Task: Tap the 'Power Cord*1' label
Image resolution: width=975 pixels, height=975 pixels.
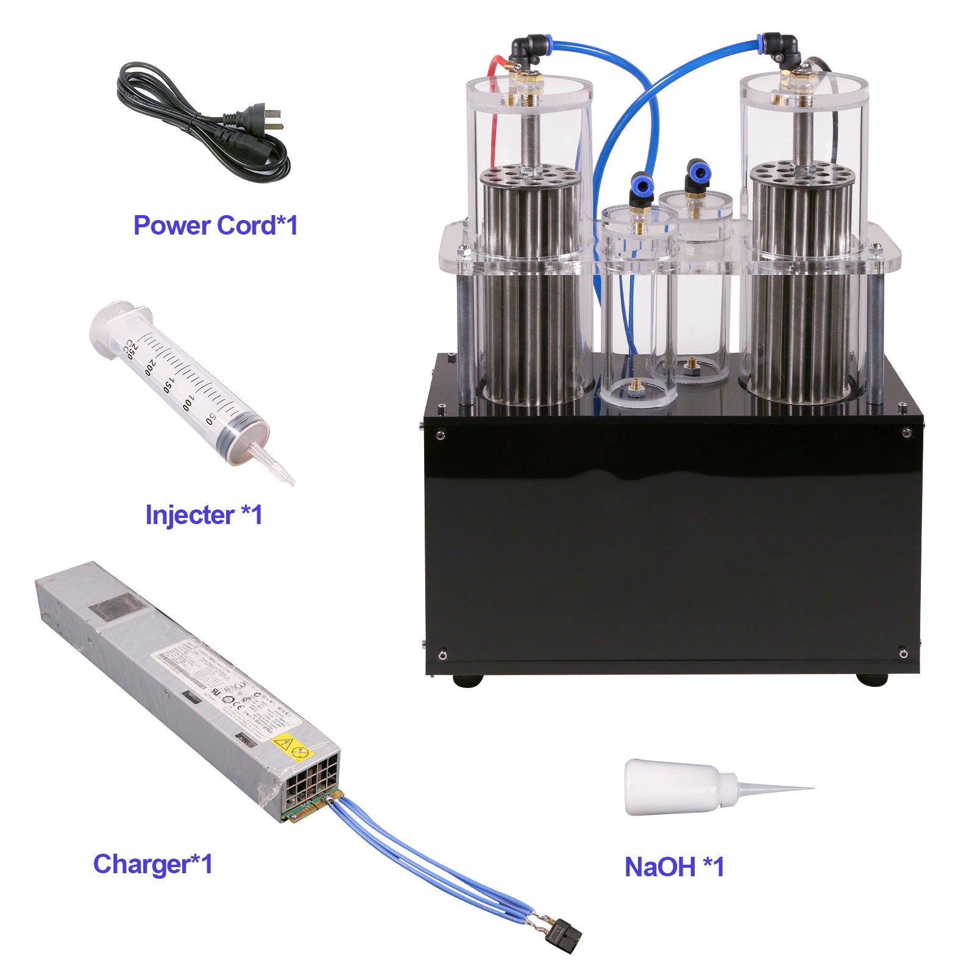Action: [x=215, y=225]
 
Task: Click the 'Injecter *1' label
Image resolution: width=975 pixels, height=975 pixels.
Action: [x=204, y=515]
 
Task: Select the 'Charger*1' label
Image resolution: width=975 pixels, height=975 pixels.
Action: [x=152, y=864]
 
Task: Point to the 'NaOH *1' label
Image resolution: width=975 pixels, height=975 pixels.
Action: [x=674, y=867]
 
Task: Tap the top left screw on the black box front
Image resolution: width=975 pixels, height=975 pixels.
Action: [x=440, y=434]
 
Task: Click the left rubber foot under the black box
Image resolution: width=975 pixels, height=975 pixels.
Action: [x=468, y=679]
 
